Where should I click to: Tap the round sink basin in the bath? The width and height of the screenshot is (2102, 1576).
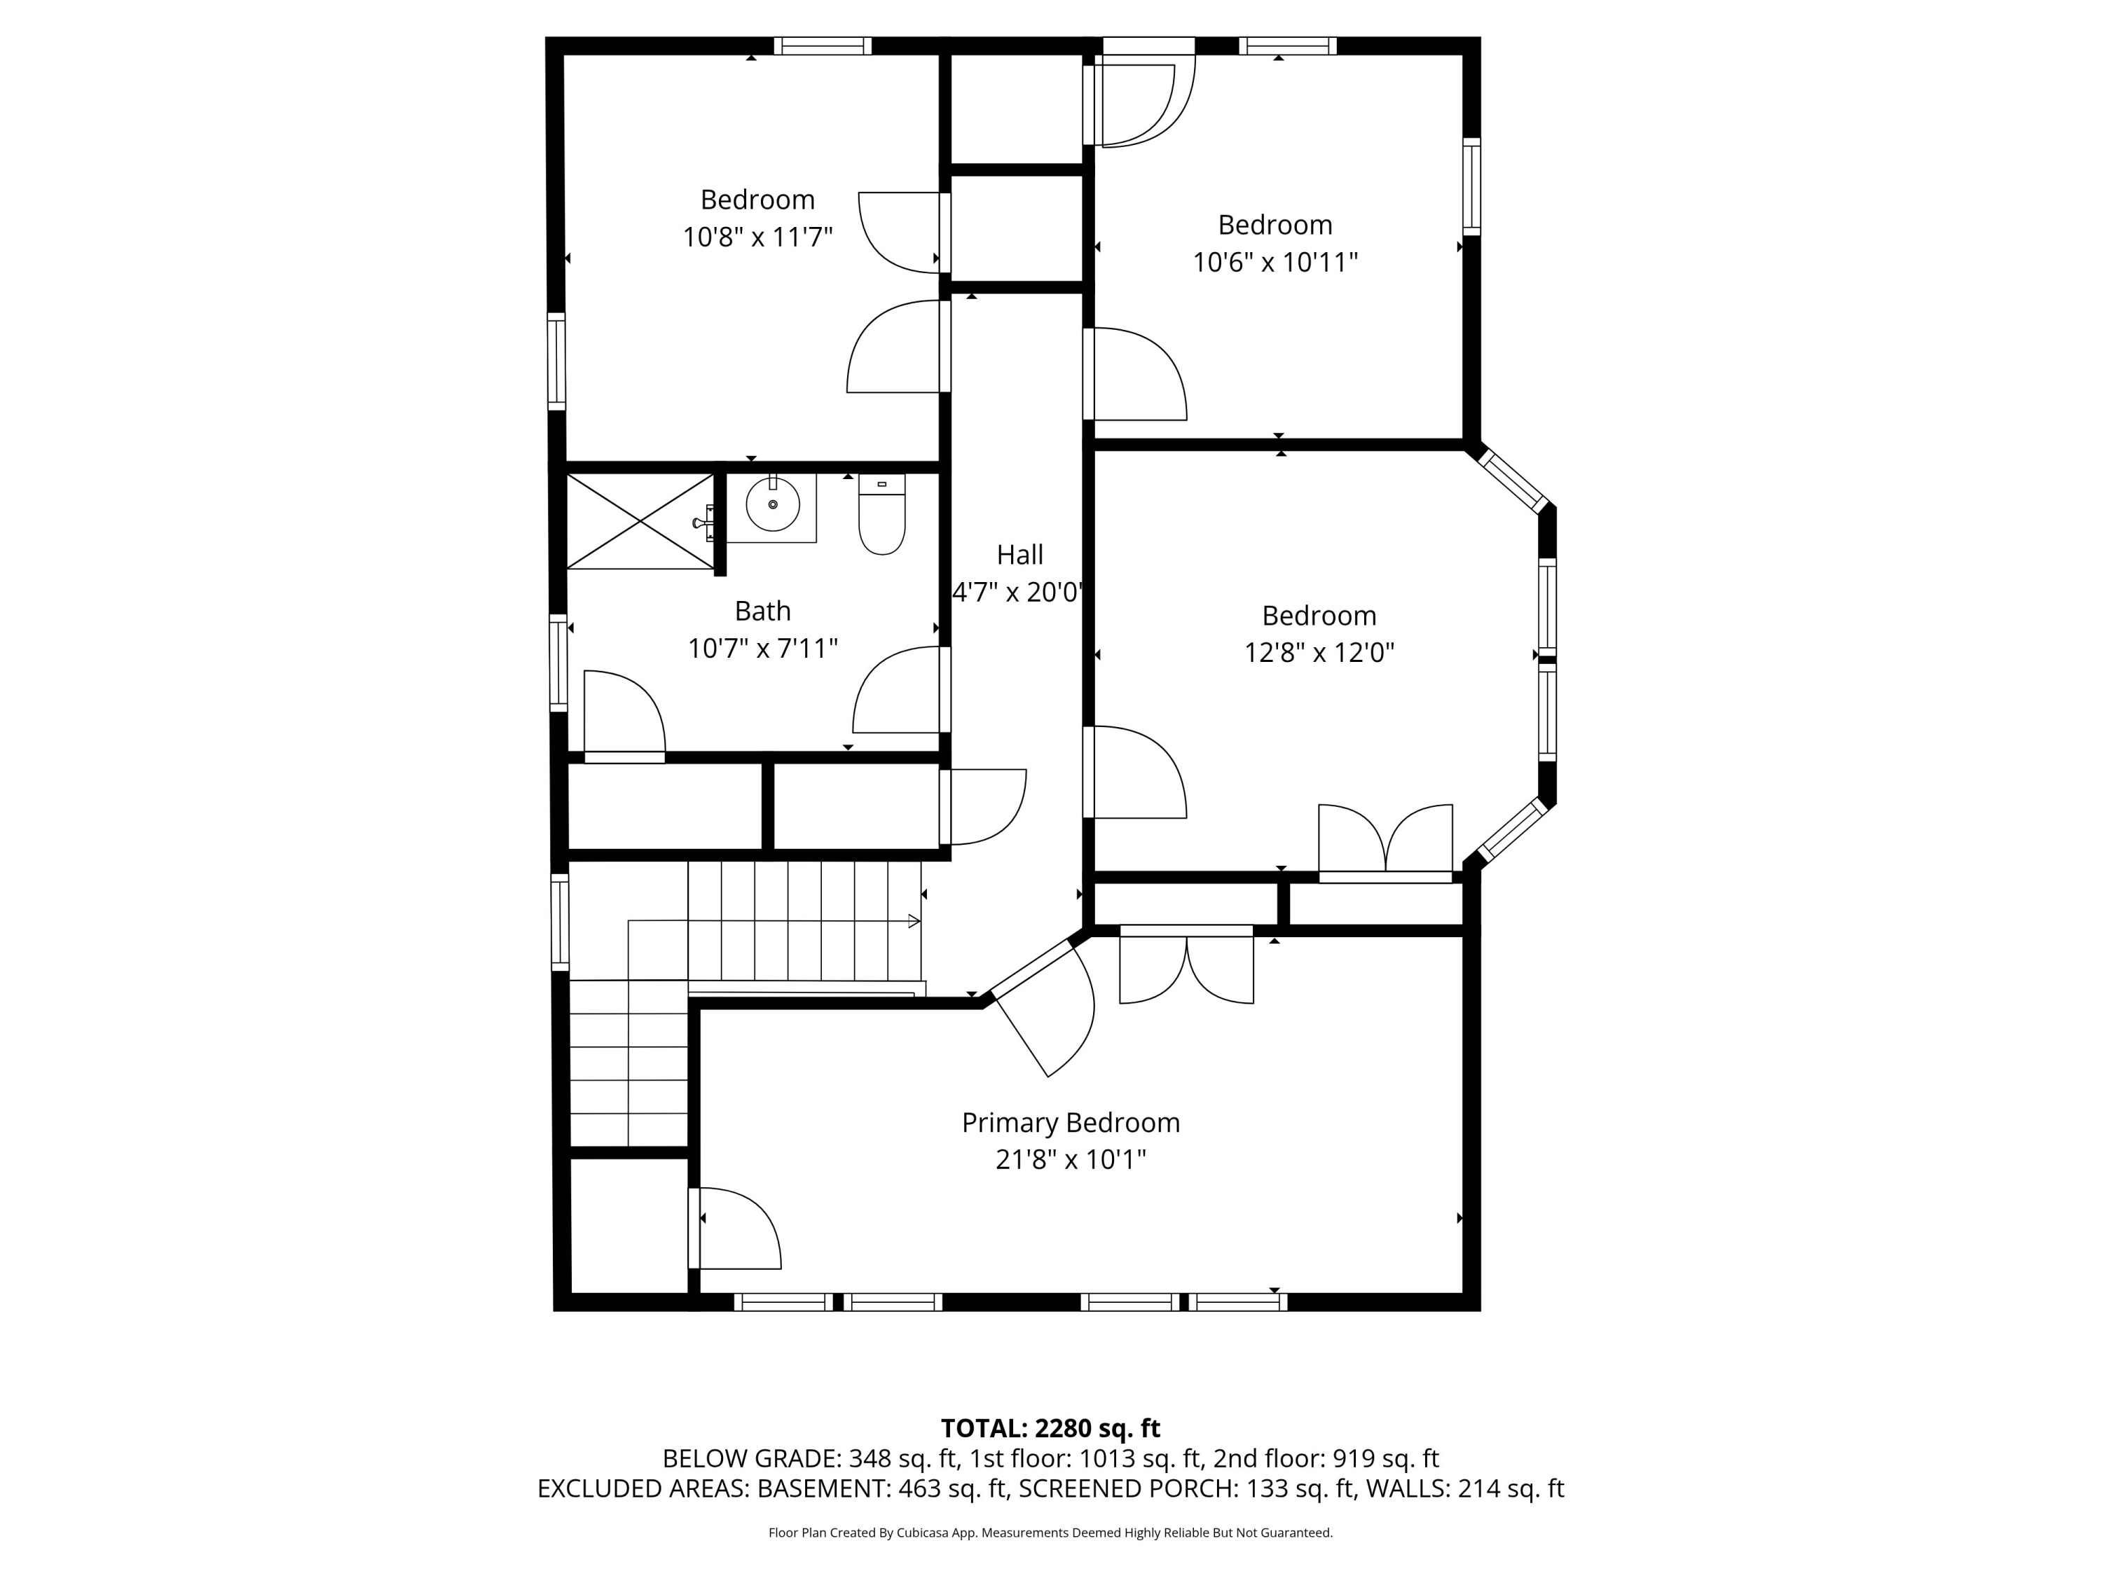(773, 504)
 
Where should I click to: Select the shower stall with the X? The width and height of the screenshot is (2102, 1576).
(640, 522)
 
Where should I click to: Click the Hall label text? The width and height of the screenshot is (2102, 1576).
(1019, 555)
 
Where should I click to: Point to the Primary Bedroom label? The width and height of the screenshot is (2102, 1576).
(1070, 1123)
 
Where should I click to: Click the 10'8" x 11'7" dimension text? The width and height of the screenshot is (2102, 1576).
(757, 237)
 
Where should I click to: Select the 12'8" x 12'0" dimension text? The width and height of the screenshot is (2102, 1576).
(1319, 653)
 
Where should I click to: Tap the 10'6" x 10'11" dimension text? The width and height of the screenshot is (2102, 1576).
(1275, 262)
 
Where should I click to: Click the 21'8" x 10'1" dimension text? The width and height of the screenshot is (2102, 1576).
(1070, 1160)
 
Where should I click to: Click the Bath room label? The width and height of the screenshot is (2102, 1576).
(762, 611)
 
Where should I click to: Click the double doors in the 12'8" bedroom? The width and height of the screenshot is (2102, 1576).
(1385, 841)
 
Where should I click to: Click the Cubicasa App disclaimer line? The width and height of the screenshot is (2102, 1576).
(1050, 1533)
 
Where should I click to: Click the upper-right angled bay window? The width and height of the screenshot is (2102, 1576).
(1513, 481)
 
